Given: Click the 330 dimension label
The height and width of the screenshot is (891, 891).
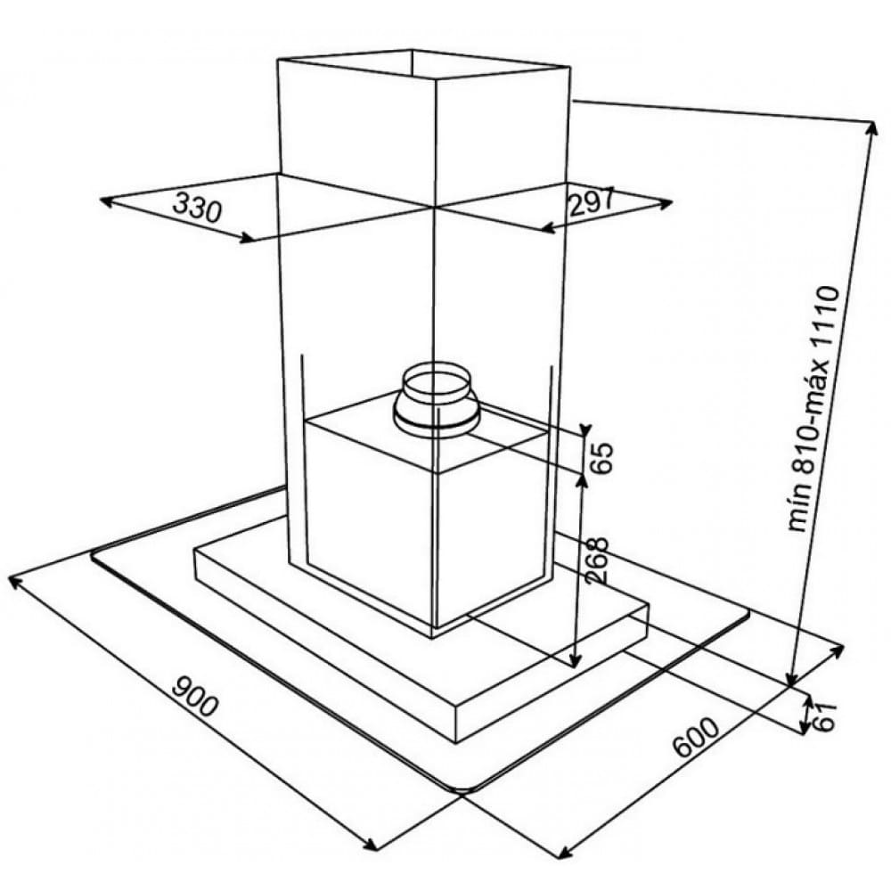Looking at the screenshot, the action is coord(197,208).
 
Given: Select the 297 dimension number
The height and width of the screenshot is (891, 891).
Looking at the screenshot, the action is coord(591,202).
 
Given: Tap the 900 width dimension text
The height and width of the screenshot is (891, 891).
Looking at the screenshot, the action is coord(194,697).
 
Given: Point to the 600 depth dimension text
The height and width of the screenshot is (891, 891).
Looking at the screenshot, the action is coord(696,738).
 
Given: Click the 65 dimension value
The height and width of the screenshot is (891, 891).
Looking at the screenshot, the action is coord(601,457).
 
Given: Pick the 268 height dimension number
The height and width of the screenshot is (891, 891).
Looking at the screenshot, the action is coord(597,560).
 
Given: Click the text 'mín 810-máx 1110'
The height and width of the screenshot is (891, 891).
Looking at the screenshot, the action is coord(813,409).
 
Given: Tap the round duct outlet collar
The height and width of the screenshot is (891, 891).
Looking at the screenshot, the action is coord(437,401).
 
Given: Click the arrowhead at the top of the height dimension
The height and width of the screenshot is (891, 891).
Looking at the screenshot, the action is coord(871,127).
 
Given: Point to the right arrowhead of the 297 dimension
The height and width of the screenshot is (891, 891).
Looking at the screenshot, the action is coord(665,203).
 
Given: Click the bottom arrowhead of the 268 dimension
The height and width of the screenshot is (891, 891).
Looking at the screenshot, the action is coord(575,661).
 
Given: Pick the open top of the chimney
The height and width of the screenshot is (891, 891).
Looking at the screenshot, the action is coord(423,64).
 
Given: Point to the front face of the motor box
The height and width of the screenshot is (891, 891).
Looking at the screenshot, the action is coord(370,523).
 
